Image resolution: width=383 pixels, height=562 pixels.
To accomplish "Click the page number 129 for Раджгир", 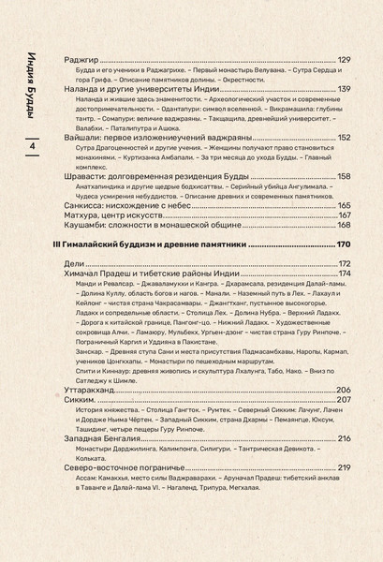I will [x=344, y=61].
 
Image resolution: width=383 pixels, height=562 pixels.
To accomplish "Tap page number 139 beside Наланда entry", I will [x=344, y=89].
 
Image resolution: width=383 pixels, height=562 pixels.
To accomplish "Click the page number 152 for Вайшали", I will [x=344, y=137].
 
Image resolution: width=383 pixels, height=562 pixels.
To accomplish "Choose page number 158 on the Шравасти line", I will [x=344, y=176].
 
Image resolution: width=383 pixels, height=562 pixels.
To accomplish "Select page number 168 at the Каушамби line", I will [x=344, y=226].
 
